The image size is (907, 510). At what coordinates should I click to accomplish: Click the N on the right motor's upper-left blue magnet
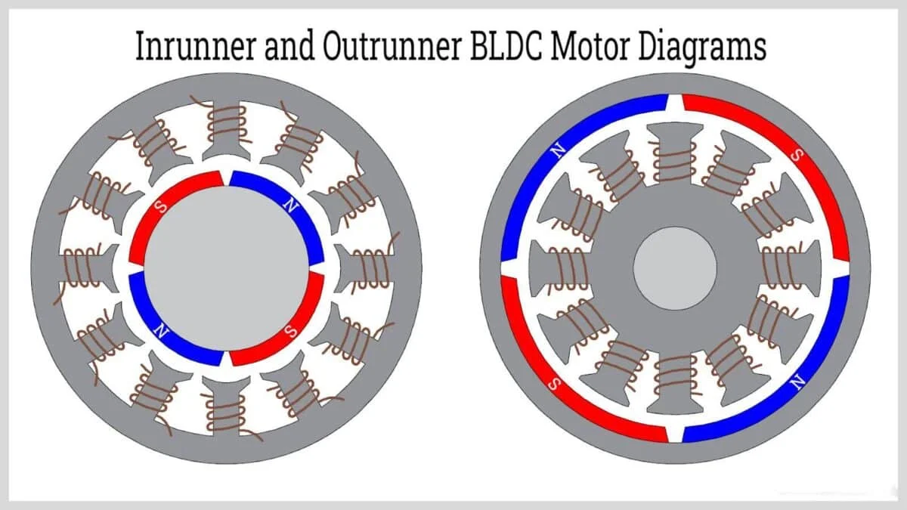click(x=558, y=151)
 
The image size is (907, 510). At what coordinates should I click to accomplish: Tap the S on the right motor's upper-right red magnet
click(x=795, y=155)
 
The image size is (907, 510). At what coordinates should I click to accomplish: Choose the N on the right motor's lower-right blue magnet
click(x=795, y=384)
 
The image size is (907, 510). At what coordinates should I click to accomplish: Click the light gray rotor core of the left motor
click(x=226, y=268)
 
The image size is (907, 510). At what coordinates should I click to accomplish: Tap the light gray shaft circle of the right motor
click(x=675, y=267)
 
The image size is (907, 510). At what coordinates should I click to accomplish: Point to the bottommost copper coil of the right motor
click(x=675, y=374)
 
